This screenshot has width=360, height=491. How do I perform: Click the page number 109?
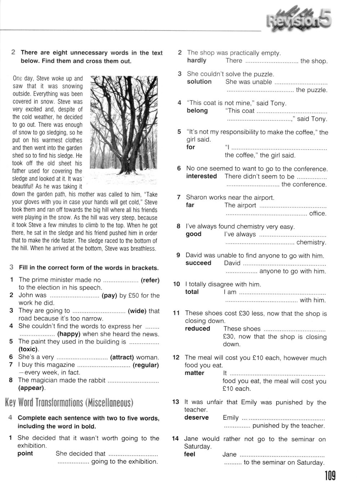(x=330, y=476)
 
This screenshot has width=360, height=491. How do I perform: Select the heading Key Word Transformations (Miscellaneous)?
(x=69, y=402)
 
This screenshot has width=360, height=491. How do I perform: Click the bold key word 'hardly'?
(x=197, y=61)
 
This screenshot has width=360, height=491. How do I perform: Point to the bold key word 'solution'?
(x=199, y=82)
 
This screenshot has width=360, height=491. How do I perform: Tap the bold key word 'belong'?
(x=197, y=111)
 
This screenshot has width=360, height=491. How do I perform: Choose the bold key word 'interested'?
(x=202, y=176)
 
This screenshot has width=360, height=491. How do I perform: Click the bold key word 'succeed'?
(x=198, y=263)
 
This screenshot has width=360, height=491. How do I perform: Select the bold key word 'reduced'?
(x=197, y=329)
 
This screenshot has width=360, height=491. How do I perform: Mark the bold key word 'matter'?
(x=194, y=373)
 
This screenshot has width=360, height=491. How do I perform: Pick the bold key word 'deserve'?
(x=196, y=418)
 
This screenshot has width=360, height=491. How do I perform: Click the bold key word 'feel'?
(x=189, y=454)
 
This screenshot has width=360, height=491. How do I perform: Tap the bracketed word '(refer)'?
(x=150, y=280)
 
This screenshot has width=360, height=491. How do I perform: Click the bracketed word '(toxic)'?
(x=28, y=349)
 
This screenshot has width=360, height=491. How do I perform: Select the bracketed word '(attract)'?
(x=122, y=357)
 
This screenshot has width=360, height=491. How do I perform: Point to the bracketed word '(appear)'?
(x=32, y=388)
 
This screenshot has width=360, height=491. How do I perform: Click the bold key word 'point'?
(x=25, y=454)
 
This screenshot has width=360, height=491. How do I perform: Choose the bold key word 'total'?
(x=192, y=292)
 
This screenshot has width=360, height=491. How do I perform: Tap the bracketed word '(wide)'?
(x=137, y=311)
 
